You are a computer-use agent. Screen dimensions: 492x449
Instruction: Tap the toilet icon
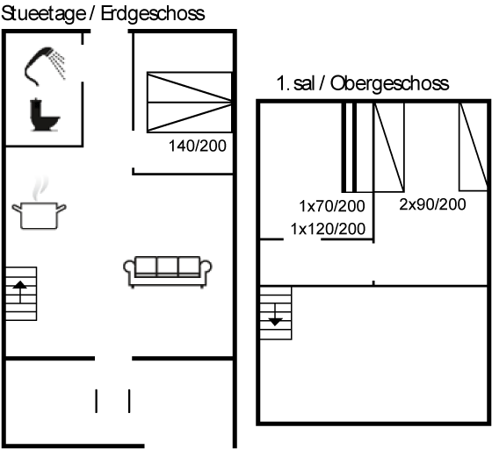click(44, 115)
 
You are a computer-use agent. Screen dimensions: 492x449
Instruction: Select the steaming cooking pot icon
click(40, 203)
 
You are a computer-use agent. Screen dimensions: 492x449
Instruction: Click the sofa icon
click(168, 272)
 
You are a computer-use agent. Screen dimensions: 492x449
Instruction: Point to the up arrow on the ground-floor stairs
click(20, 291)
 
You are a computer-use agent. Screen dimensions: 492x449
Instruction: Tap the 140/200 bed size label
click(198, 146)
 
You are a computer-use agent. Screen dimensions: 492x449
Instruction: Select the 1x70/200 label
click(332, 206)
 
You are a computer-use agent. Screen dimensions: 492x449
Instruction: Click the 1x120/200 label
click(328, 229)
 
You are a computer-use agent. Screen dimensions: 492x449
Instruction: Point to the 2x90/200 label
click(432, 204)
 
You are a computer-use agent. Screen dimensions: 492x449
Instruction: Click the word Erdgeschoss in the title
click(153, 14)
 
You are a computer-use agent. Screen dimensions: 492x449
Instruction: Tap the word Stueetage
click(43, 14)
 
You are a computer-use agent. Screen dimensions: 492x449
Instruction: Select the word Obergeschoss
click(389, 84)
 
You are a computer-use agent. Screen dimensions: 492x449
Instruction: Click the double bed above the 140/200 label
click(190, 102)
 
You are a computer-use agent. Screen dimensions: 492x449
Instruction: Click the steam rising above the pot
click(40, 188)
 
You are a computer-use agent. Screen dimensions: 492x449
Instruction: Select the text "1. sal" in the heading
click(295, 84)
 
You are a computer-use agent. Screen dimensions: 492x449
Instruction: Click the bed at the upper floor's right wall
click(474, 146)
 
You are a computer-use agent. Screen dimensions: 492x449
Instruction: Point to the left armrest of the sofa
click(130, 269)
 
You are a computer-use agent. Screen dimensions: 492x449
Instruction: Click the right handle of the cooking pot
click(61, 208)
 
